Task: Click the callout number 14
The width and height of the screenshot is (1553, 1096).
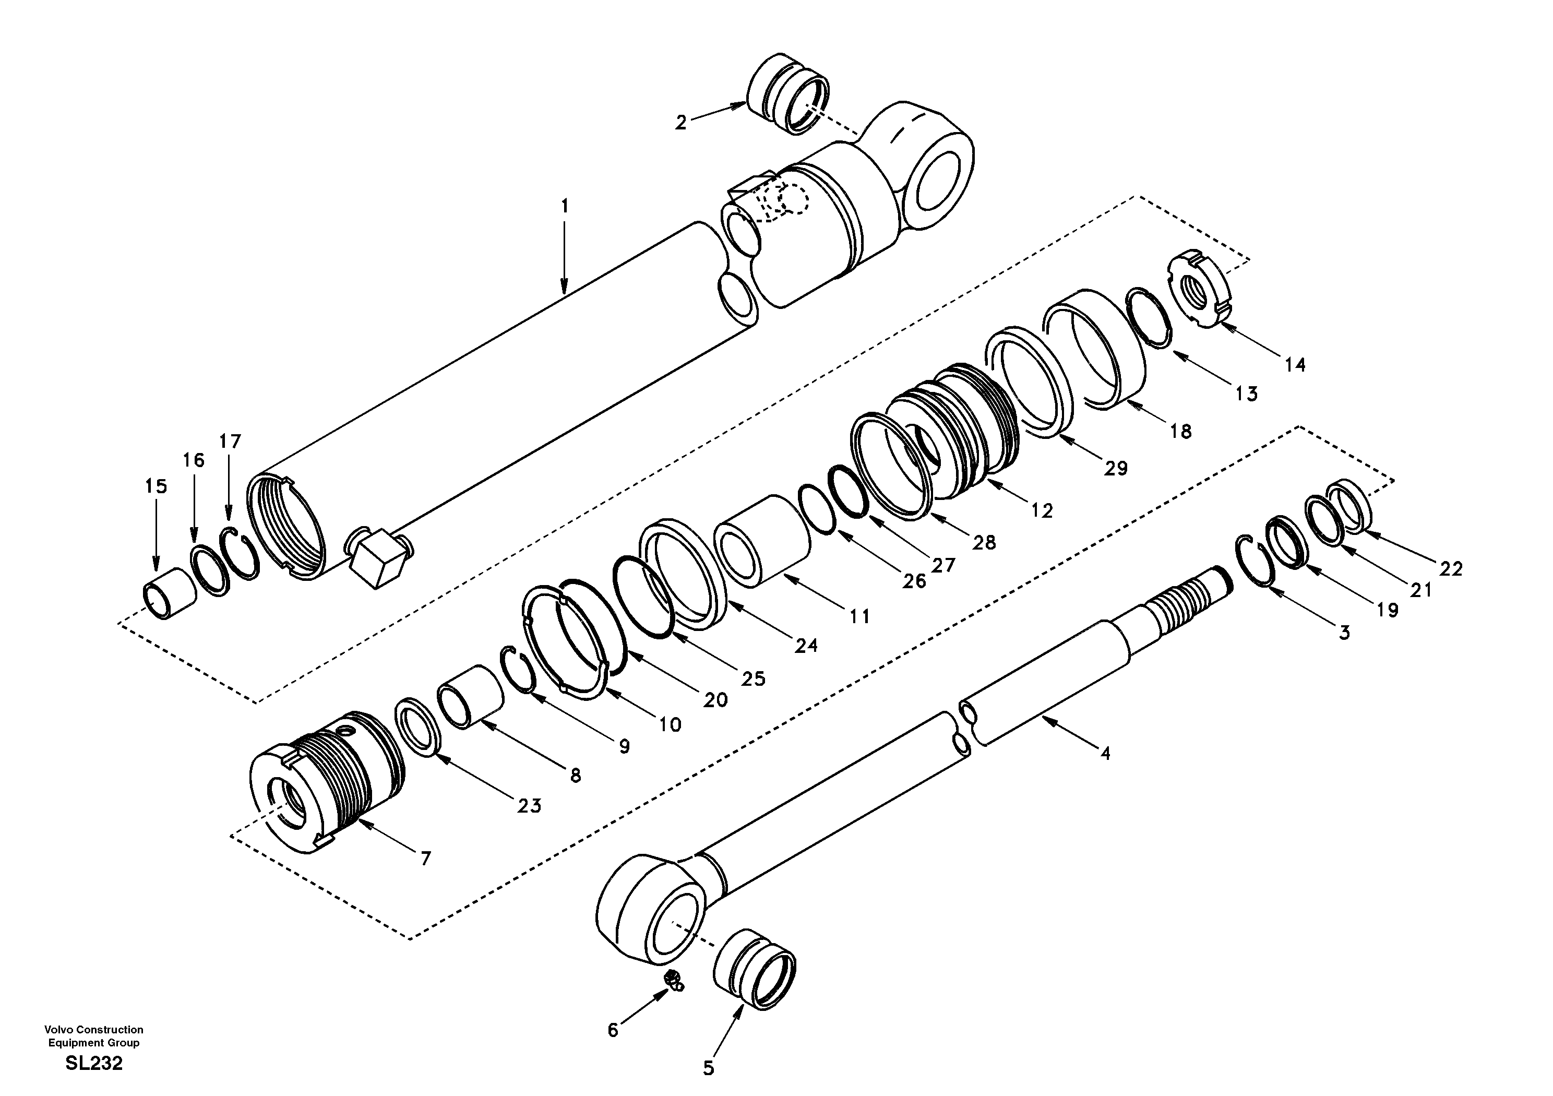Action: point(1295,365)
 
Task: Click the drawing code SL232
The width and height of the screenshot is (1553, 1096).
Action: point(94,1064)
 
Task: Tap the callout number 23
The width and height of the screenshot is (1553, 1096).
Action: point(529,806)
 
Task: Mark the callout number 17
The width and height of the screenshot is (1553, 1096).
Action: point(230,442)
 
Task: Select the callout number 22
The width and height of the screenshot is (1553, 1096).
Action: point(1450,569)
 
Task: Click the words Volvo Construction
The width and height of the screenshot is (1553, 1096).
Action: point(94,1030)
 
